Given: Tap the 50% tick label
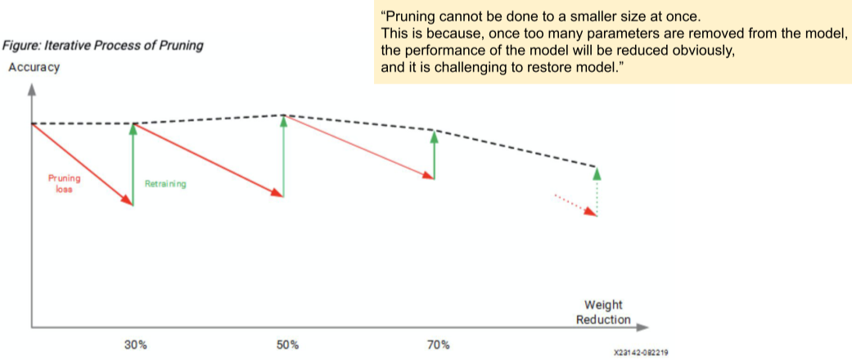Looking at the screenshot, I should click(287, 344).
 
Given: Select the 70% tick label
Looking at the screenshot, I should click(438, 344).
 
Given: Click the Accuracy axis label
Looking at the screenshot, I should click(34, 68).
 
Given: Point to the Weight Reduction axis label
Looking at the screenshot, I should click(603, 313).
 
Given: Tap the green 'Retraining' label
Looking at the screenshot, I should click(165, 184).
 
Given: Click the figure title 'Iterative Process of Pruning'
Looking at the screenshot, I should click(104, 47).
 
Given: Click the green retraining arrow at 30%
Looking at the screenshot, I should click(133, 164).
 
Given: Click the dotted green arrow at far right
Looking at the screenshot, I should click(597, 191).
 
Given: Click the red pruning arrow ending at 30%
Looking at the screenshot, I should click(82, 164).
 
